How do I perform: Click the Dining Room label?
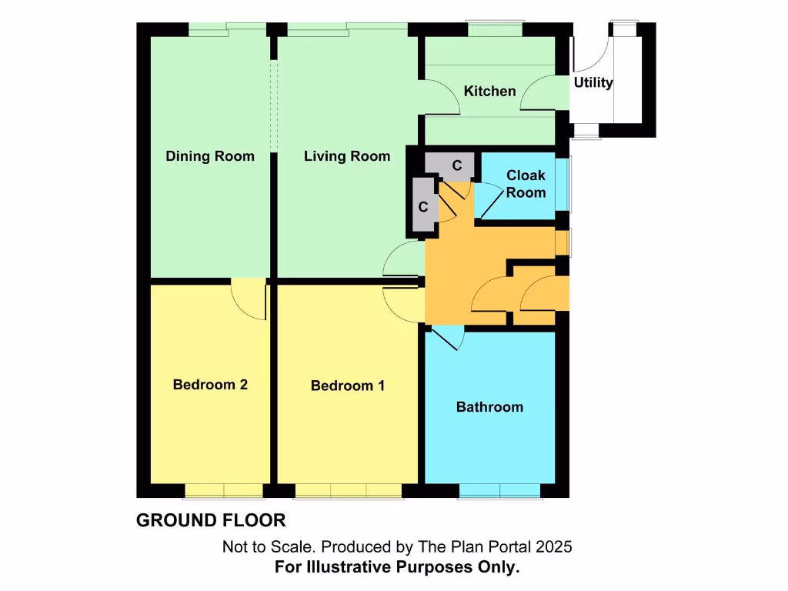(210, 156)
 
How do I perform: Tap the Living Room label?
(346, 156)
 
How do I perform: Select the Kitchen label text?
(489, 92)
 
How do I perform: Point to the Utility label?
(593, 82)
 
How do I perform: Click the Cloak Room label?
(526, 184)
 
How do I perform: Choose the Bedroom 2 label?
(210, 384)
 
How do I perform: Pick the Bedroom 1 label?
(347, 385)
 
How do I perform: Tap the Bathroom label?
(489, 406)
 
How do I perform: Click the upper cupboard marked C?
(456, 165)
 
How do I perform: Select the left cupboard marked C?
(422, 207)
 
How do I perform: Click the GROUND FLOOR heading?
(211, 520)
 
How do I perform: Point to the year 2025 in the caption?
(554, 547)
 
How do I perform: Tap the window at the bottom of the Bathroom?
(499, 490)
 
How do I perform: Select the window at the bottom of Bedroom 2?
(224, 490)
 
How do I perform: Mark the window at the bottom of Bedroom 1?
(347, 490)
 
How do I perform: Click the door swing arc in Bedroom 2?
(248, 300)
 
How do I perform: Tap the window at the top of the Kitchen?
(496, 29)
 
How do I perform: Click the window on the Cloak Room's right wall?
(569, 185)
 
